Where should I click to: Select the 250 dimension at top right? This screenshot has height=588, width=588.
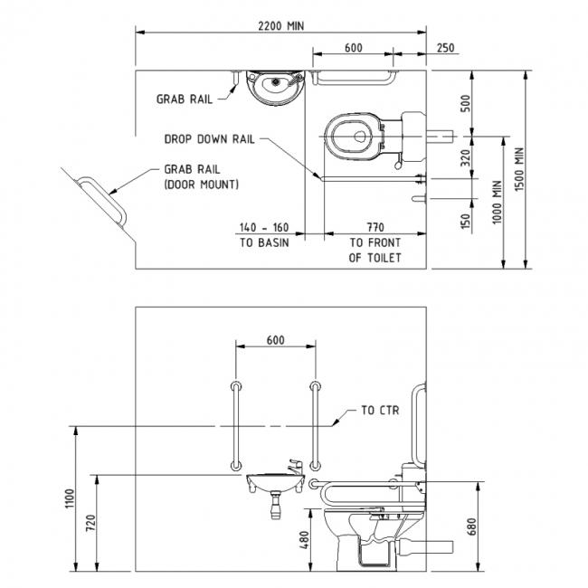pyautogui.click(x=445, y=48)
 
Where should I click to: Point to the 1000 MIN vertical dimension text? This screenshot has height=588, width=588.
pyautogui.click(x=497, y=204)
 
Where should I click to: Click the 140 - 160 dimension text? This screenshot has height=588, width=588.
pyautogui.click(x=264, y=228)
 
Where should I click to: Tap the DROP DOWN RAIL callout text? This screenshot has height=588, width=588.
pyautogui.click(x=210, y=139)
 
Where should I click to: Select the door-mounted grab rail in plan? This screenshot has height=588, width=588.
pyautogui.click(x=103, y=201)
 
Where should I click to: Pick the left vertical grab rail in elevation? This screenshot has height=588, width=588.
pyautogui.click(x=236, y=424)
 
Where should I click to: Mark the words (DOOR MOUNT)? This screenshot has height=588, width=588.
pyautogui.click(x=202, y=185)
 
